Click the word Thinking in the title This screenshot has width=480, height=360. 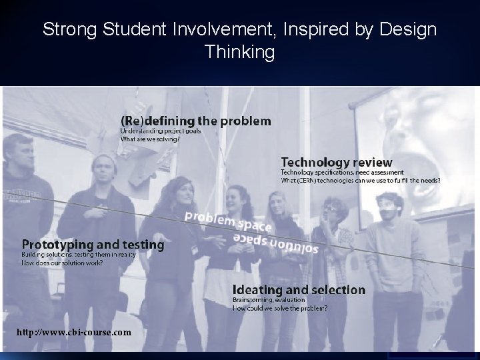239,52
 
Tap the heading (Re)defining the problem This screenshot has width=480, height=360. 195,121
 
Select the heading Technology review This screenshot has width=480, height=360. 336,162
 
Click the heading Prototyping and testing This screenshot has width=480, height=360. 93,245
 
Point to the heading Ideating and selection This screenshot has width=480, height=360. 299,290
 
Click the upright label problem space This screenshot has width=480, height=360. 228,221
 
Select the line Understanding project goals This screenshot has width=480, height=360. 160,131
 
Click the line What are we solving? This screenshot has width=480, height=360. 149,139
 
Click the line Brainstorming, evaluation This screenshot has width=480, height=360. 267,301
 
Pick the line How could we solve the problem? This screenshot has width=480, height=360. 279,309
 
